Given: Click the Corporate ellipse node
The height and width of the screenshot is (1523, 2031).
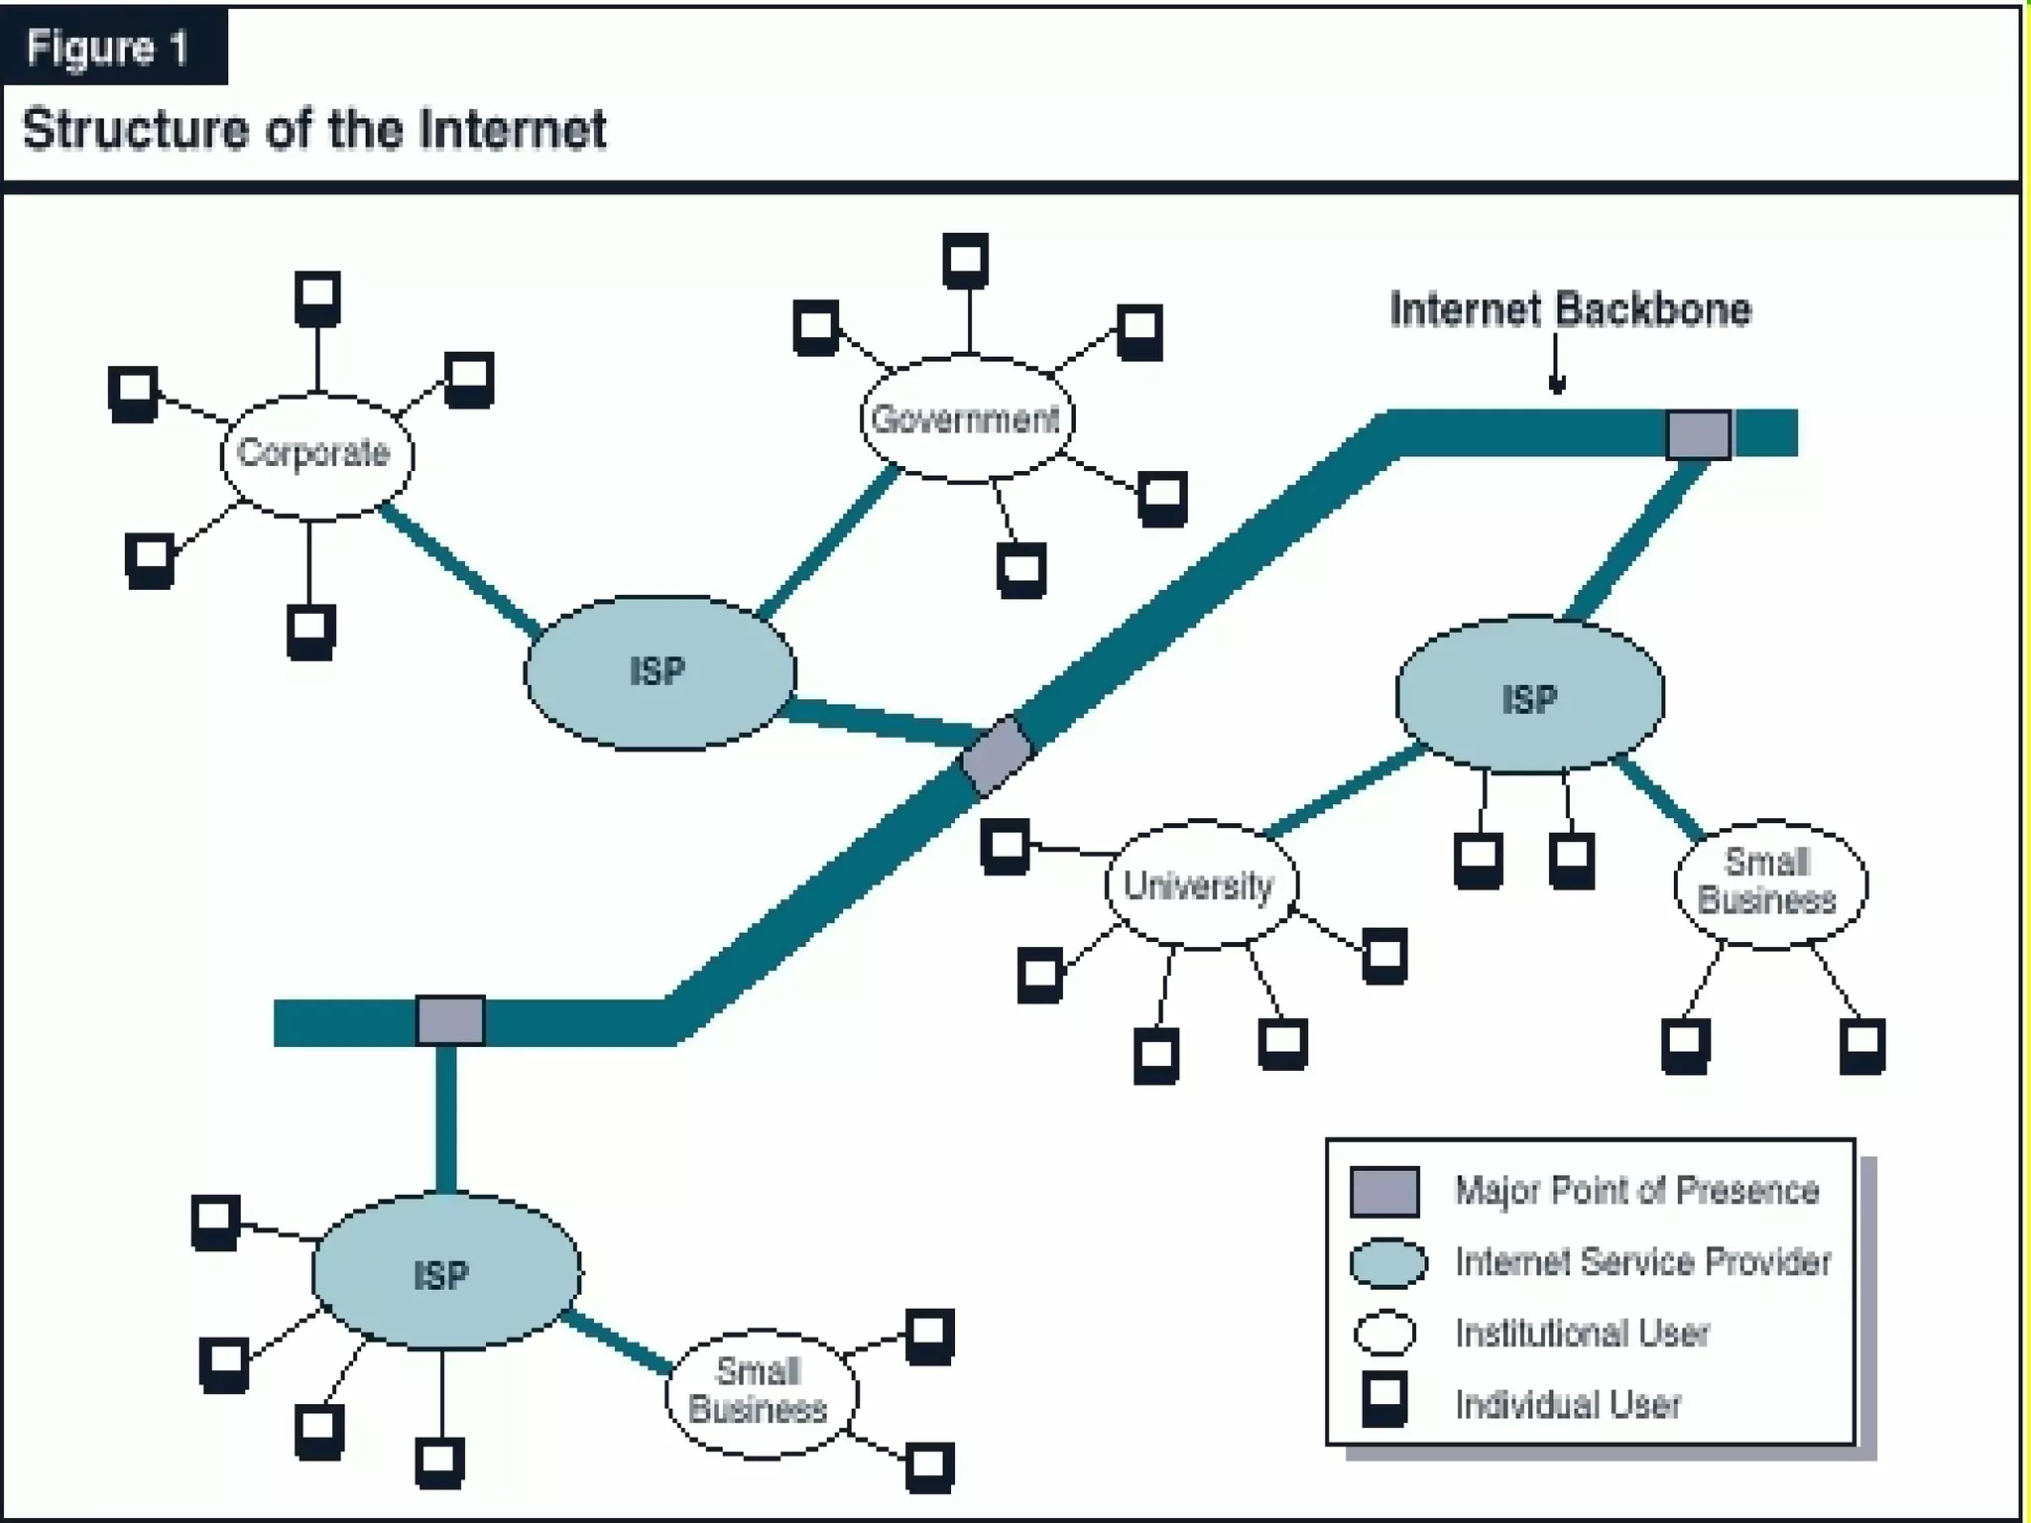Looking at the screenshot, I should [316, 455].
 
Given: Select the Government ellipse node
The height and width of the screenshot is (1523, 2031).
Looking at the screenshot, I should [966, 419].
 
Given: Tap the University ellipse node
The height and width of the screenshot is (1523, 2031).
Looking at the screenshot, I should [1200, 884].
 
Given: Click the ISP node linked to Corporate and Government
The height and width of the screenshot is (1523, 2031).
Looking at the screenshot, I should [659, 672].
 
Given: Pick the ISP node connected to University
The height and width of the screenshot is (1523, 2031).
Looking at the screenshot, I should [1529, 696].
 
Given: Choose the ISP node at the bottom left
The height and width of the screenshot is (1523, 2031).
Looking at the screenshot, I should [445, 1272].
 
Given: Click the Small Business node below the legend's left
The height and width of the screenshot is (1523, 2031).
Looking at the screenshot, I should [761, 1392].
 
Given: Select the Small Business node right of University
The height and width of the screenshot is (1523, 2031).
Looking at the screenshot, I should [1769, 882].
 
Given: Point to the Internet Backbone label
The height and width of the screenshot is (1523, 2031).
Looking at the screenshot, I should [1570, 309].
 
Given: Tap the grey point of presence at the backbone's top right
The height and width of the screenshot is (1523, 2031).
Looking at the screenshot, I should [1698, 434].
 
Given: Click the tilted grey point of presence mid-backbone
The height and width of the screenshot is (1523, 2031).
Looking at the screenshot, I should [998, 756].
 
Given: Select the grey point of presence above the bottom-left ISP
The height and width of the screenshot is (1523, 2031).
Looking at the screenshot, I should [450, 1020].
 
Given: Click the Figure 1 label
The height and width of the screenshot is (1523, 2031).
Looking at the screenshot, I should [108, 47].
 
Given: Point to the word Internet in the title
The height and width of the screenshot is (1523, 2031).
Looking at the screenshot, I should [512, 130].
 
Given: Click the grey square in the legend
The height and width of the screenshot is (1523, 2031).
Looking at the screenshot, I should [1384, 1191].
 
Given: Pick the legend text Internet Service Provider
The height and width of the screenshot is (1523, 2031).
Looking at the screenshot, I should [1642, 1262].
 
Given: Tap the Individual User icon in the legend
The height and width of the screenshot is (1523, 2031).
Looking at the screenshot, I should [1384, 1399].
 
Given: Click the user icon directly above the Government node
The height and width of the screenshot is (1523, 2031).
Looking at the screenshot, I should [965, 261].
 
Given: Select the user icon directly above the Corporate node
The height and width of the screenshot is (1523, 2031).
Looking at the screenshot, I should [317, 297].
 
